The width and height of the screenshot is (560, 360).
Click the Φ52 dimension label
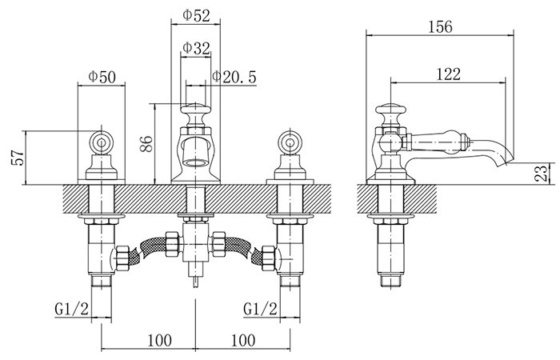point(196,15)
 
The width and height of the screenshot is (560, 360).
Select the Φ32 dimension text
point(196,48)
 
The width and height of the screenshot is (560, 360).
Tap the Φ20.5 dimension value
point(234,77)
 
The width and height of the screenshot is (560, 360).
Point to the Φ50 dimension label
point(102,77)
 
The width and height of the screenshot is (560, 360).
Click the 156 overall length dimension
point(440,26)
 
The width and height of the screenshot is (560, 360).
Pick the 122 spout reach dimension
point(449,74)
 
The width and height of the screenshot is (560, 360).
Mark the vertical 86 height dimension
point(146,144)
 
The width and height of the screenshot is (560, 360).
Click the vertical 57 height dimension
point(18,157)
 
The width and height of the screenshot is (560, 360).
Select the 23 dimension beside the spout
point(542,173)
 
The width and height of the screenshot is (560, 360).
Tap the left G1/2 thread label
point(71,308)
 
